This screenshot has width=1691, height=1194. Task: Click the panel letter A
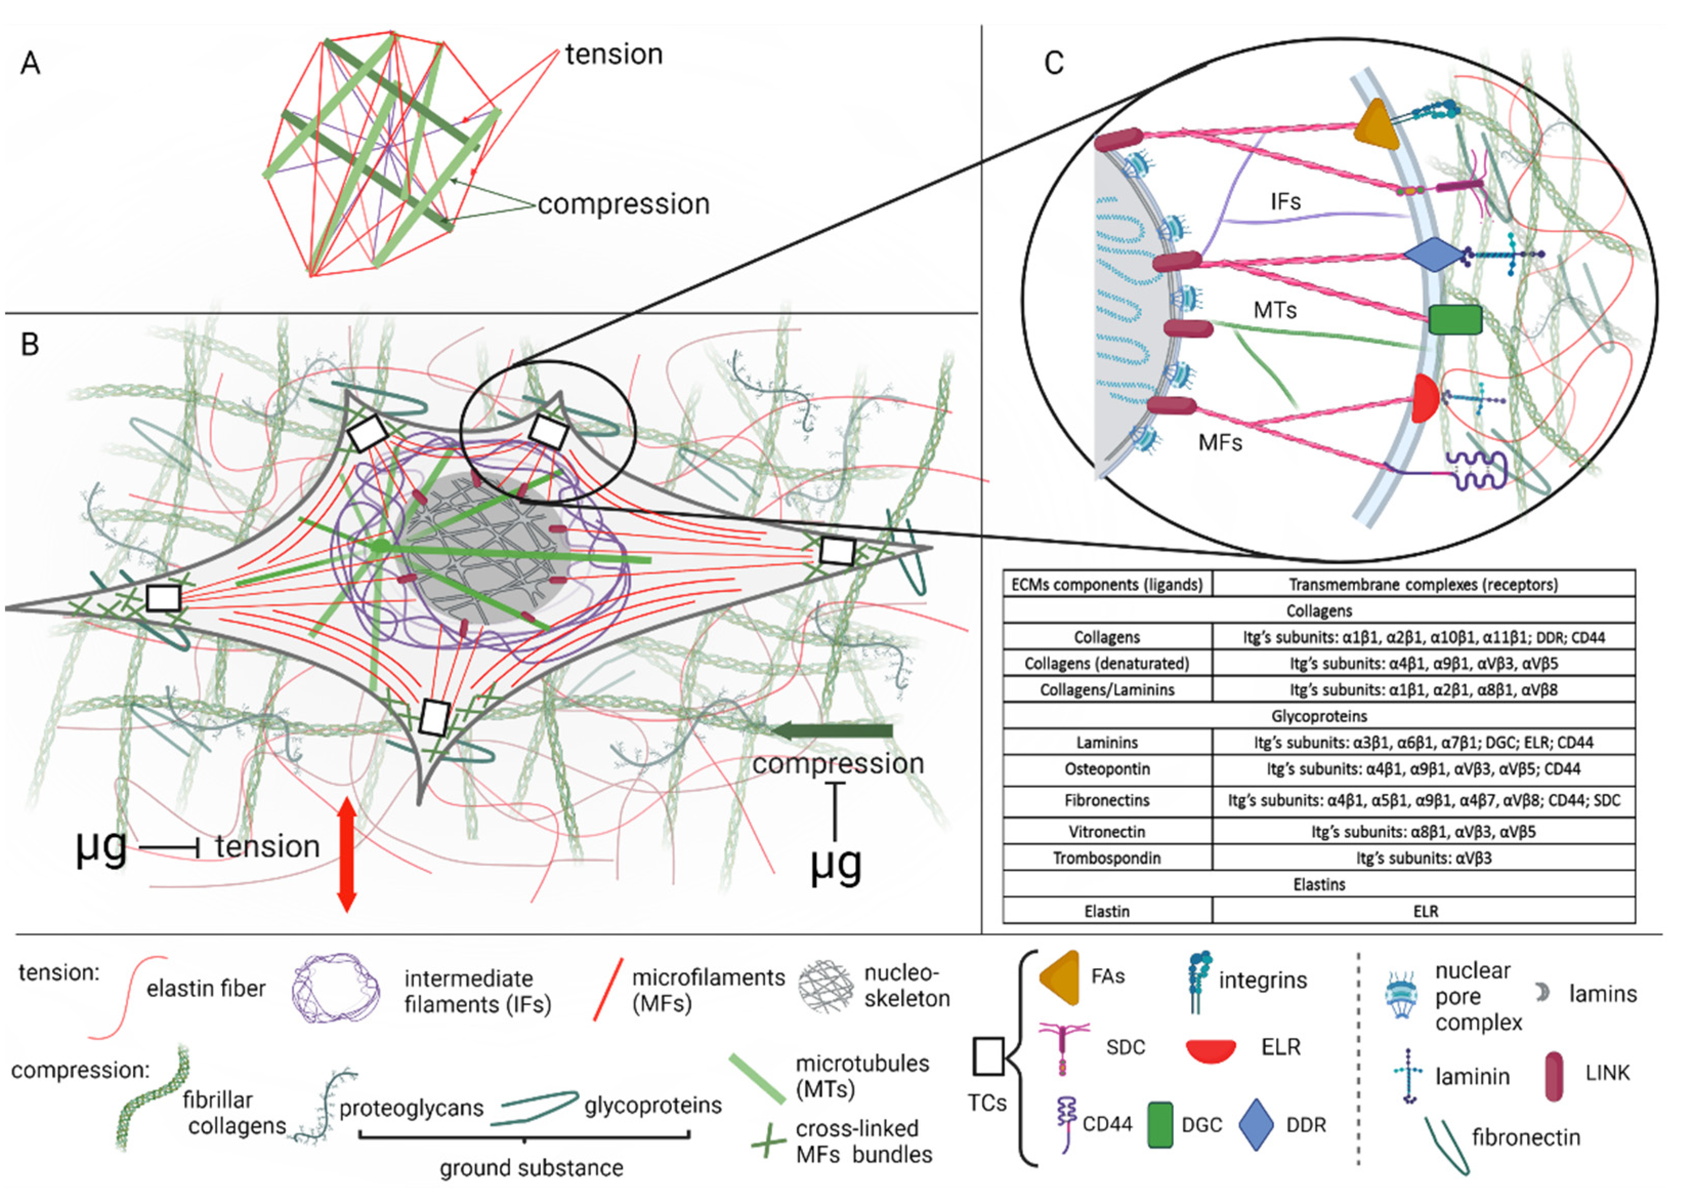(30, 64)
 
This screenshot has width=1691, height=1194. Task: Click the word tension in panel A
(614, 54)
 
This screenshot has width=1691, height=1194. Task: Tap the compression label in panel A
(623, 204)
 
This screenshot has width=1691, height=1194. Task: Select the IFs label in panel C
(1285, 201)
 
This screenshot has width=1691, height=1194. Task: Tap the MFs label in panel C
(1220, 442)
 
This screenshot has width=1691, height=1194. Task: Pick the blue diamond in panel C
(1433, 255)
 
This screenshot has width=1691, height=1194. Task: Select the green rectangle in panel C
(1454, 320)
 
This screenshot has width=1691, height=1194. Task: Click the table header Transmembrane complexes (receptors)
(1423, 585)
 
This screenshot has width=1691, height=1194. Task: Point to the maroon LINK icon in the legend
(1554, 1076)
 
